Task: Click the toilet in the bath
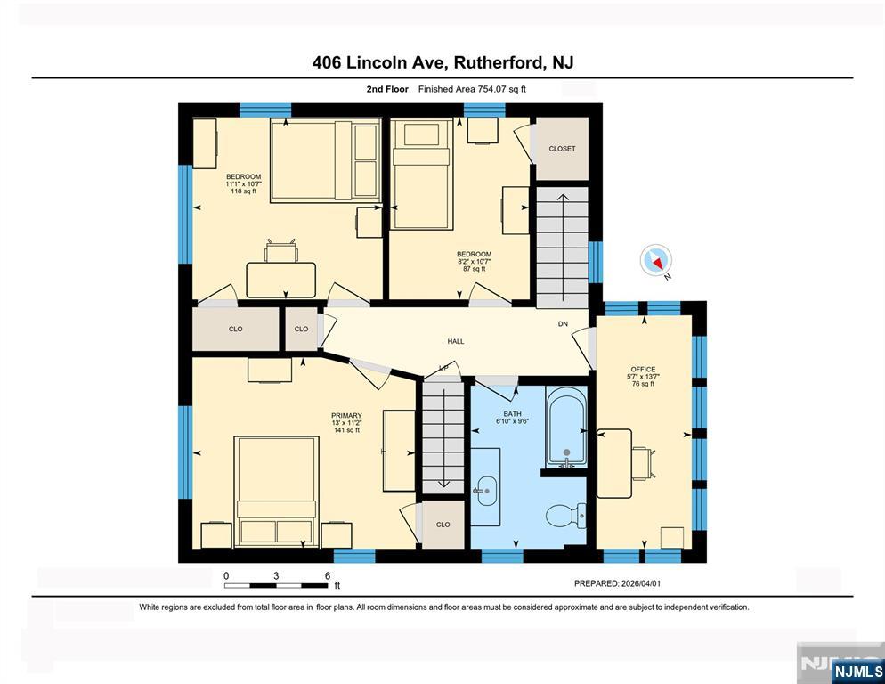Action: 564,515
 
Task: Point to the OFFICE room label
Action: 643,370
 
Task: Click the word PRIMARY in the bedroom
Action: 346,416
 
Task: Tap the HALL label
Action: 455,341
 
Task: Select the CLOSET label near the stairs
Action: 562,149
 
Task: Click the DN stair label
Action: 563,323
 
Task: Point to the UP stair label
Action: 442,368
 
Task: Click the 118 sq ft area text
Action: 243,191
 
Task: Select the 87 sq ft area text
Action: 474,269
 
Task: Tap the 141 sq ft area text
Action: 346,430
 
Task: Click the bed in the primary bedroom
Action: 277,490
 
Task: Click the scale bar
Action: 277,585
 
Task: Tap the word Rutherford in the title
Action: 500,62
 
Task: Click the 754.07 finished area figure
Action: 493,89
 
